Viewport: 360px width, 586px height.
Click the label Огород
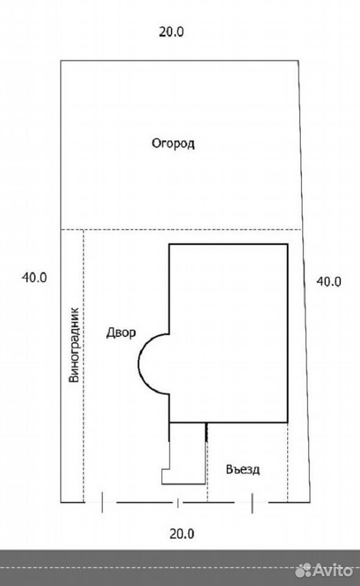(x=173, y=143)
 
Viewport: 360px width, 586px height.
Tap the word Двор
(x=121, y=332)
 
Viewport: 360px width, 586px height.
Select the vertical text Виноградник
(x=74, y=344)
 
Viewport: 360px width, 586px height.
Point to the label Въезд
(x=243, y=469)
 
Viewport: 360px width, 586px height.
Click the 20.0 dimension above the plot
(x=171, y=32)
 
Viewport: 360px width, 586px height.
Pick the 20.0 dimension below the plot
(x=182, y=534)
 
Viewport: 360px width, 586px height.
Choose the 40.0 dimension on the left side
(x=34, y=277)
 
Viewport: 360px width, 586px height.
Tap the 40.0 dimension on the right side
(x=329, y=281)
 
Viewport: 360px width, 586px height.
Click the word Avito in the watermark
(x=333, y=570)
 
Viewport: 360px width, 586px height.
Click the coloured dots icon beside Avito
(x=303, y=570)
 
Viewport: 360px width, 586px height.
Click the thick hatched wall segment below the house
(x=206, y=432)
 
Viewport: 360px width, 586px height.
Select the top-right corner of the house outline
(x=287, y=244)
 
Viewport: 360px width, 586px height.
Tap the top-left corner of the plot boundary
(x=61, y=60)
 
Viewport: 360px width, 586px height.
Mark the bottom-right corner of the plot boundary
(x=310, y=502)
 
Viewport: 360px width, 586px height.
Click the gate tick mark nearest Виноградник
(x=103, y=502)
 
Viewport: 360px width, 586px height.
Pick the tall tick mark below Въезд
(x=252, y=503)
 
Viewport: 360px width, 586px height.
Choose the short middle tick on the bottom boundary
(x=178, y=503)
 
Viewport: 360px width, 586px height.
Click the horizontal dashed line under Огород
(x=181, y=230)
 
